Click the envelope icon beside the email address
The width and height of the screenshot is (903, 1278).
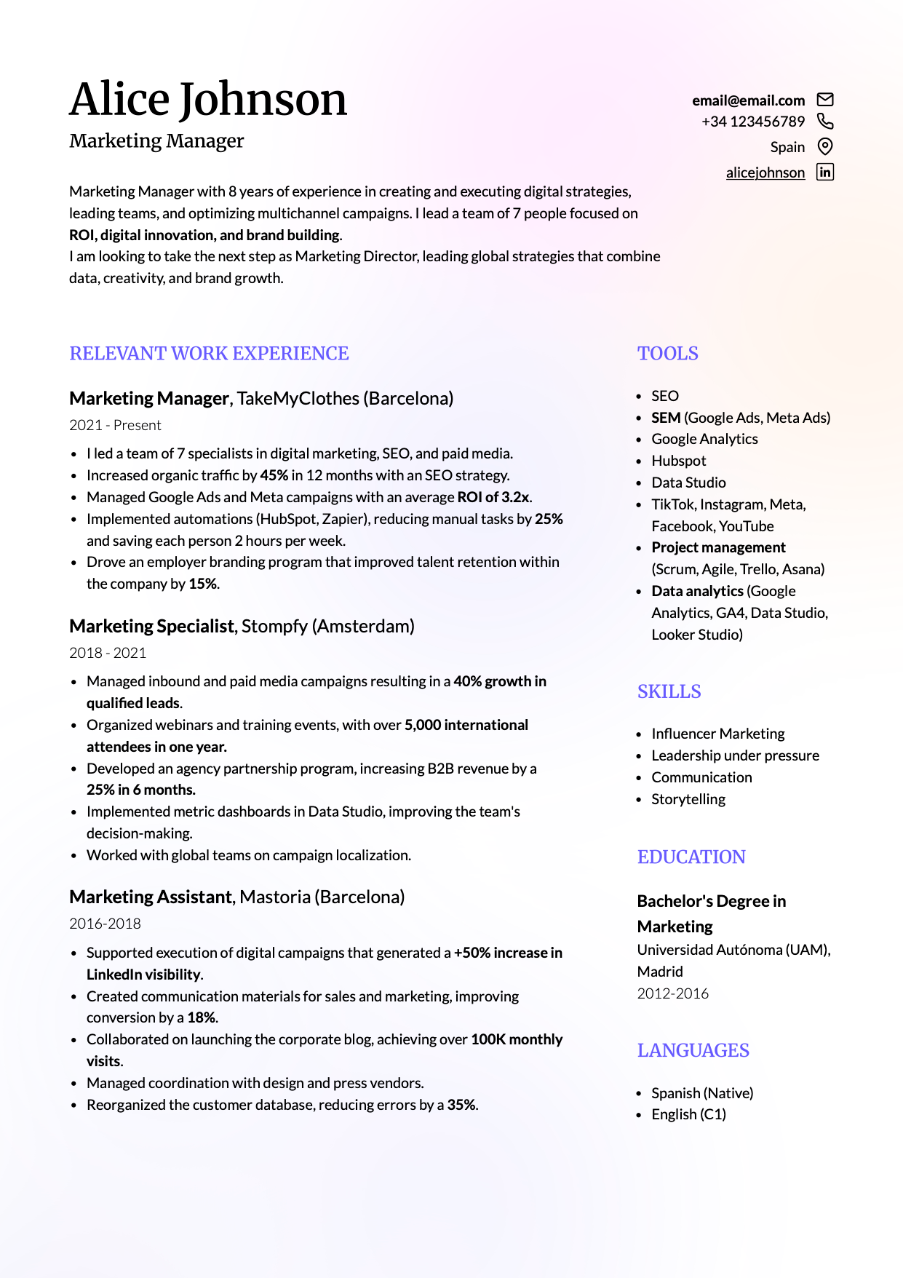pyautogui.click(x=825, y=100)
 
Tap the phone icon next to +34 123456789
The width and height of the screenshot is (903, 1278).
pyautogui.click(x=825, y=121)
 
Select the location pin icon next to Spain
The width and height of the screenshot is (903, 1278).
pyautogui.click(x=825, y=146)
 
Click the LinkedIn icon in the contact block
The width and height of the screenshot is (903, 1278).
pyautogui.click(x=825, y=172)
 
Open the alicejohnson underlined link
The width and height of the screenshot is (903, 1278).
pyautogui.click(x=765, y=172)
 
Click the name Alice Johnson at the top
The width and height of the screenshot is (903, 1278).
pyautogui.click(x=208, y=99)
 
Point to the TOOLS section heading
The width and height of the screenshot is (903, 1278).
pyautogui.click(x=667, y=354)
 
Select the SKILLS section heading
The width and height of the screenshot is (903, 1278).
pyautogui.click(x=669, y=691)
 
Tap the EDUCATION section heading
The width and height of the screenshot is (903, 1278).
pyautogui.click(x=691, y=857)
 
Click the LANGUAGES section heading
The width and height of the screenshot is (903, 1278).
pyautogui.click(x=693, y=1050)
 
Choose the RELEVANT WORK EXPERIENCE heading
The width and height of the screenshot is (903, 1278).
pyautogui.click(x=209, y=354)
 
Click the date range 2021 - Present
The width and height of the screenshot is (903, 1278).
pyautogui.click(x=115, y=425)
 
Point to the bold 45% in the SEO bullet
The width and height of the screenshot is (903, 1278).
pyautogui.click(x=274, y=475)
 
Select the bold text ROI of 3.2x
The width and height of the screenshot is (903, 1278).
pyautogui.click(x=493, y=497)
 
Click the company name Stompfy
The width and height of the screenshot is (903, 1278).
pyautogui.click(x=274, y=626)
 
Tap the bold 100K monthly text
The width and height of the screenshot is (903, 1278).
pyautogui.click(x=517, y=1039)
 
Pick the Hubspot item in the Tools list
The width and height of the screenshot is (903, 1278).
pyautogui.click(x=678, y=461)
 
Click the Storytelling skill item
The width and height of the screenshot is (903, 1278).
pyautogui.click(x=688, y=799)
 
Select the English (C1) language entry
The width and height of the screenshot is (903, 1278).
pyautogui.click(x=688, y=1114)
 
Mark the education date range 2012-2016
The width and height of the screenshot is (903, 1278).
pyautogui.click(x=672, y=993)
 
